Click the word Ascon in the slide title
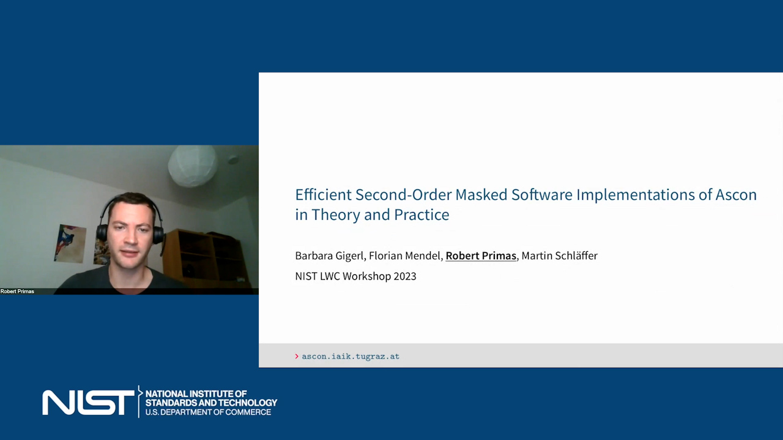pos(736,195)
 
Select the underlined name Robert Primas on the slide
pos(481,256)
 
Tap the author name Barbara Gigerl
pos(329,256)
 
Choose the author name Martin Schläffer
pos(560,256)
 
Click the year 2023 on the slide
pos(405,276)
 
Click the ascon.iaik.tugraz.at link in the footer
pos(351,356)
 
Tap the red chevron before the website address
pos(297,356)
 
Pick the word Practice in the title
pos(421,215)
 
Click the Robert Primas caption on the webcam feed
pos(17,291)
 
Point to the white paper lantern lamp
pos(193,166)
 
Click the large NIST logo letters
pos(88,403)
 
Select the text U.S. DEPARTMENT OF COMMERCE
pos(209,413)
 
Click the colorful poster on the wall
pos(70,244)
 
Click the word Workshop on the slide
pos(366,276)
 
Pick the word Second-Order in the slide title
pos(403,195)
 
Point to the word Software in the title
pos(542,195)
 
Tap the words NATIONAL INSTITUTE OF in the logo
pos(196,394)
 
